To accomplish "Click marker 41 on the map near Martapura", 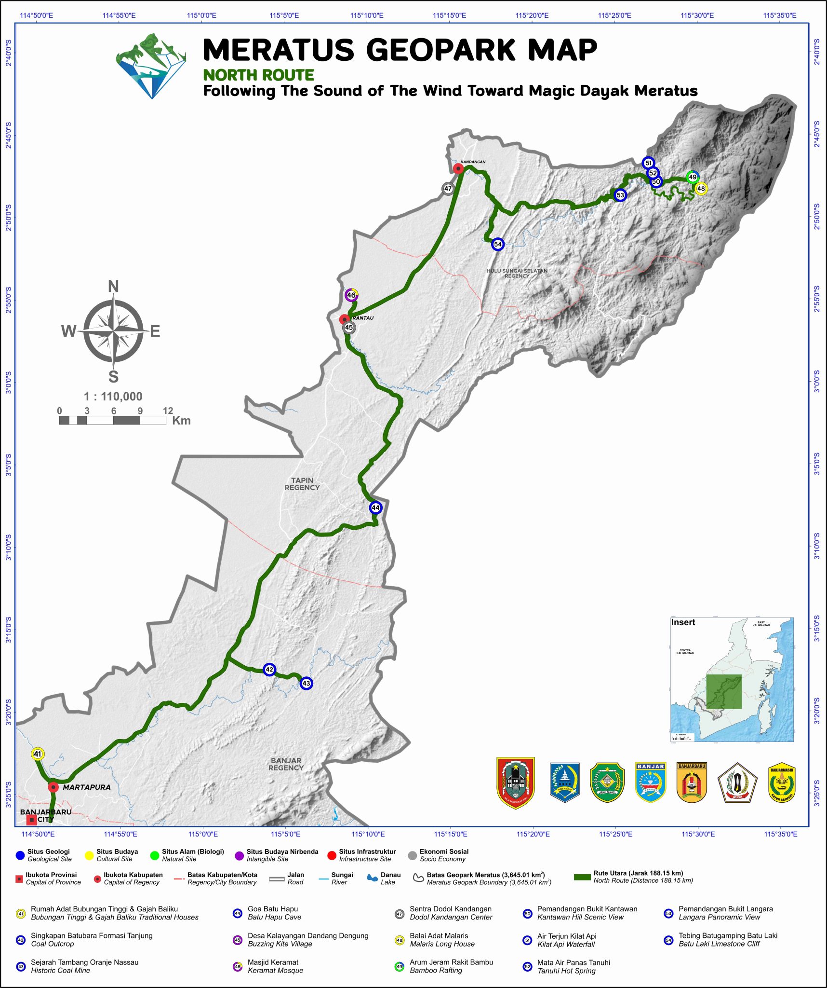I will click(x=38, y=754).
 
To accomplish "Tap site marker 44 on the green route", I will click(x=375, y=508).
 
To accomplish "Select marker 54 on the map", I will click(x=498, y=244).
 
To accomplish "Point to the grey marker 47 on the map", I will click(x=448, y=189).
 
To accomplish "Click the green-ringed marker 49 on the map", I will click(x=693, y=177).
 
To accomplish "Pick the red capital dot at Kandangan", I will click(x=458, y=168).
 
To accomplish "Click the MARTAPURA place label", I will click(x=86, y=787).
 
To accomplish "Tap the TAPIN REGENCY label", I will click(x=302, y=484).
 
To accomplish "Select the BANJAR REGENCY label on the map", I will click(x=286, y=764).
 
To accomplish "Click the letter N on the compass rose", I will click(x=113, y=287).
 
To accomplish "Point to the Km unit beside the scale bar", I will click(x=181, y=421).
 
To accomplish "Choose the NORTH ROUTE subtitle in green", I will click(x=258, y=75).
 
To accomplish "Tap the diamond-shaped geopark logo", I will click(x=151, y=66).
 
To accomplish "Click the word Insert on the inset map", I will click(x=683, y=622).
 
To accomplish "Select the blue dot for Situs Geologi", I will click(x=20, y=855).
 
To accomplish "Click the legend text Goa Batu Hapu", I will click(x=273, y=909).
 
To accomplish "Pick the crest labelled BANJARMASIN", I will click(x=782, y=783).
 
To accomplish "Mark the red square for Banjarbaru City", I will click(x=31, y=820).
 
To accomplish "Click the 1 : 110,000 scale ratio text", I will click(x=113, y=397).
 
